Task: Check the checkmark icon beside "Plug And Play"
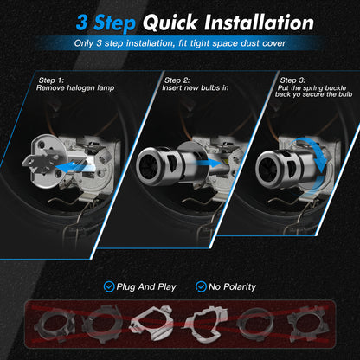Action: pos(108,286)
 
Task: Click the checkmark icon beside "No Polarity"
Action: pos(202,286)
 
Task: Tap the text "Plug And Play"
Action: pos(147,286)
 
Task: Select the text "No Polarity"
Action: pos(234,286)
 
